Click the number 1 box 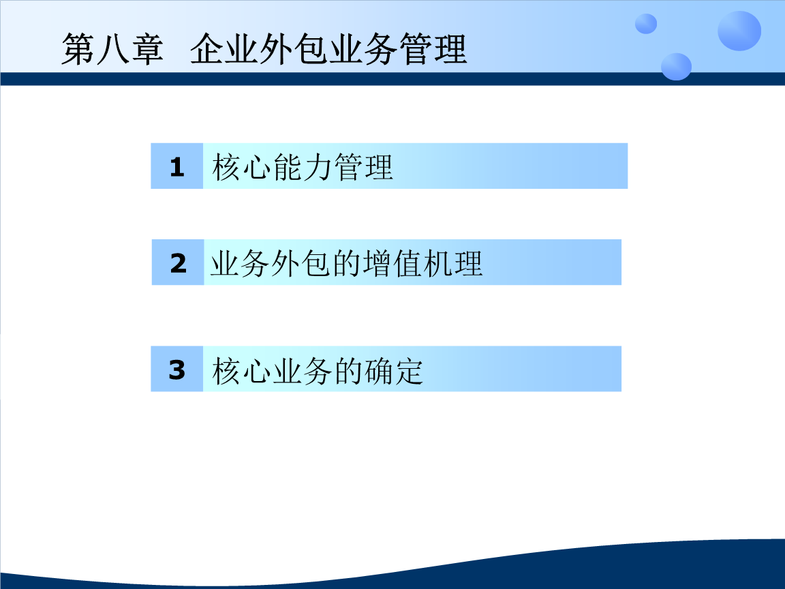(x=176, y=166)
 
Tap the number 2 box (x=178, y=262)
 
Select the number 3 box (x=176, y=369)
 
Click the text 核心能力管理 (x=303, y=167)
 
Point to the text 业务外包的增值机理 (x=346, y=263)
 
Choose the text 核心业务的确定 (x=318, y=371)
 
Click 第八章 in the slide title (x=112, y=50)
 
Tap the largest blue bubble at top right (x=739, y=31)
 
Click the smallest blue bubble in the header (x=645, y=24)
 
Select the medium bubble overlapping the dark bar (x=675, y=66)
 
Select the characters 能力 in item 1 (x=303, y=167)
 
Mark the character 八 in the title (x=113, y=50)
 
